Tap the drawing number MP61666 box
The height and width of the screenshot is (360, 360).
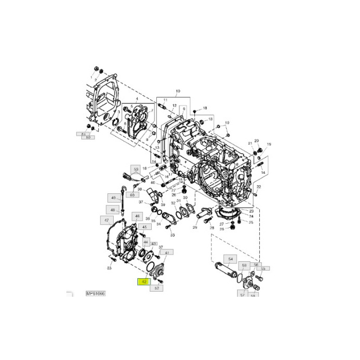pyautogui.click(x=95, y=293)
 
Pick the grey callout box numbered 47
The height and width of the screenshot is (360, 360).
pyautogui.click(x=106, y=220)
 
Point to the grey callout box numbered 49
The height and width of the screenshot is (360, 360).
pyautogui.click(x=113, y=197)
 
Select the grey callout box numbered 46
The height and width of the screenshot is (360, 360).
pyautogui.click(x=137, y=216)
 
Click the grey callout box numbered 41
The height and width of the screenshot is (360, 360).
pyautogui.click(x=167, y=253)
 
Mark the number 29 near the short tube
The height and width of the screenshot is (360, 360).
pyautogui.click(x=195, y=227)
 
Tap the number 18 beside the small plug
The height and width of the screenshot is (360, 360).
pyautogui.click(x=205, y=108)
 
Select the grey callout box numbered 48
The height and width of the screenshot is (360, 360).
pyautogui.click(x=113, y=210)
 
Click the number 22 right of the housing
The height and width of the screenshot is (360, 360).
pyautogui.click(x=259, y=187)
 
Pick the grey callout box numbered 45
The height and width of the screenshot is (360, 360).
pyautogui.click(x=144, y=227)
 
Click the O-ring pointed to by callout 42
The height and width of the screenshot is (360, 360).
pyautogui.click(x=151, y=268)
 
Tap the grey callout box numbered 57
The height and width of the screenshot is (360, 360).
pyautogui.click(x=242, y=295)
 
